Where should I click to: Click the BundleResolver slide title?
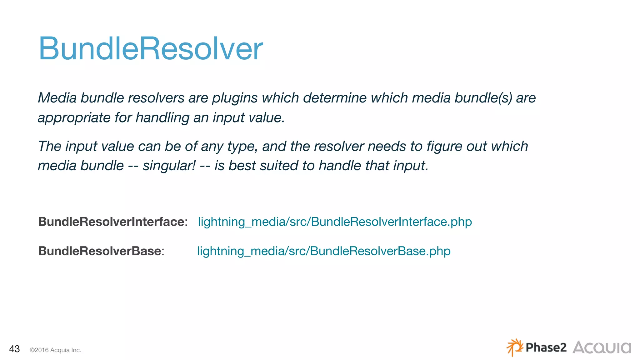pos(151,49)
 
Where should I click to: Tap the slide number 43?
pos(14,349)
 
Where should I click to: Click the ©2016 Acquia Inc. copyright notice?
pos(55,350)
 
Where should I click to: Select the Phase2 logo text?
pos(546,347)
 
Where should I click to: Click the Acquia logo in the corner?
pos(602,347)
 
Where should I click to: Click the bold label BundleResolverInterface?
pos(111,222)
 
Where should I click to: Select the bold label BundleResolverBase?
pos(99,251)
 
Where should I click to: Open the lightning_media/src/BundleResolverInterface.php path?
pos(335,222)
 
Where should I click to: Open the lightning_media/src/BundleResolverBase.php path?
pos(323,251)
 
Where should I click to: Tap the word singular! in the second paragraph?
pos(169,166)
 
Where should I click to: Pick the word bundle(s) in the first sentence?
pos(483,98)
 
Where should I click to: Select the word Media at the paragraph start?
pos(57,98)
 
